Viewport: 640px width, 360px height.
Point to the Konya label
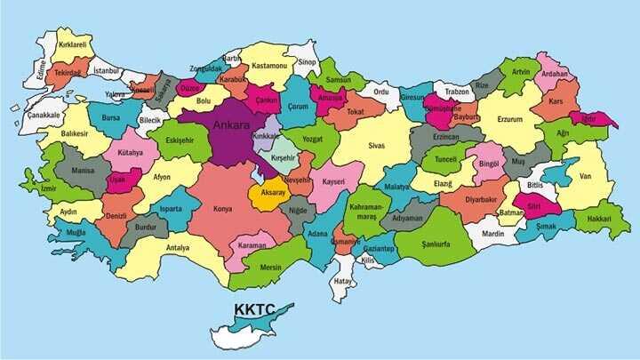pos(222,210)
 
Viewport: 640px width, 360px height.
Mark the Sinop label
pos(307,62)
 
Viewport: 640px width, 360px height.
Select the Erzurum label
pos(509,118)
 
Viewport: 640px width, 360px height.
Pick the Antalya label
pos(178,248)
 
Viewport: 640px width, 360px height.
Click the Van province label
pos(584,176)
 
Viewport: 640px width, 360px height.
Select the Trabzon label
pos(457,92)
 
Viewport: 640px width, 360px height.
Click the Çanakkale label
pos(44,115)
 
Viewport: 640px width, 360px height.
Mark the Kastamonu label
pos(268,66)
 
